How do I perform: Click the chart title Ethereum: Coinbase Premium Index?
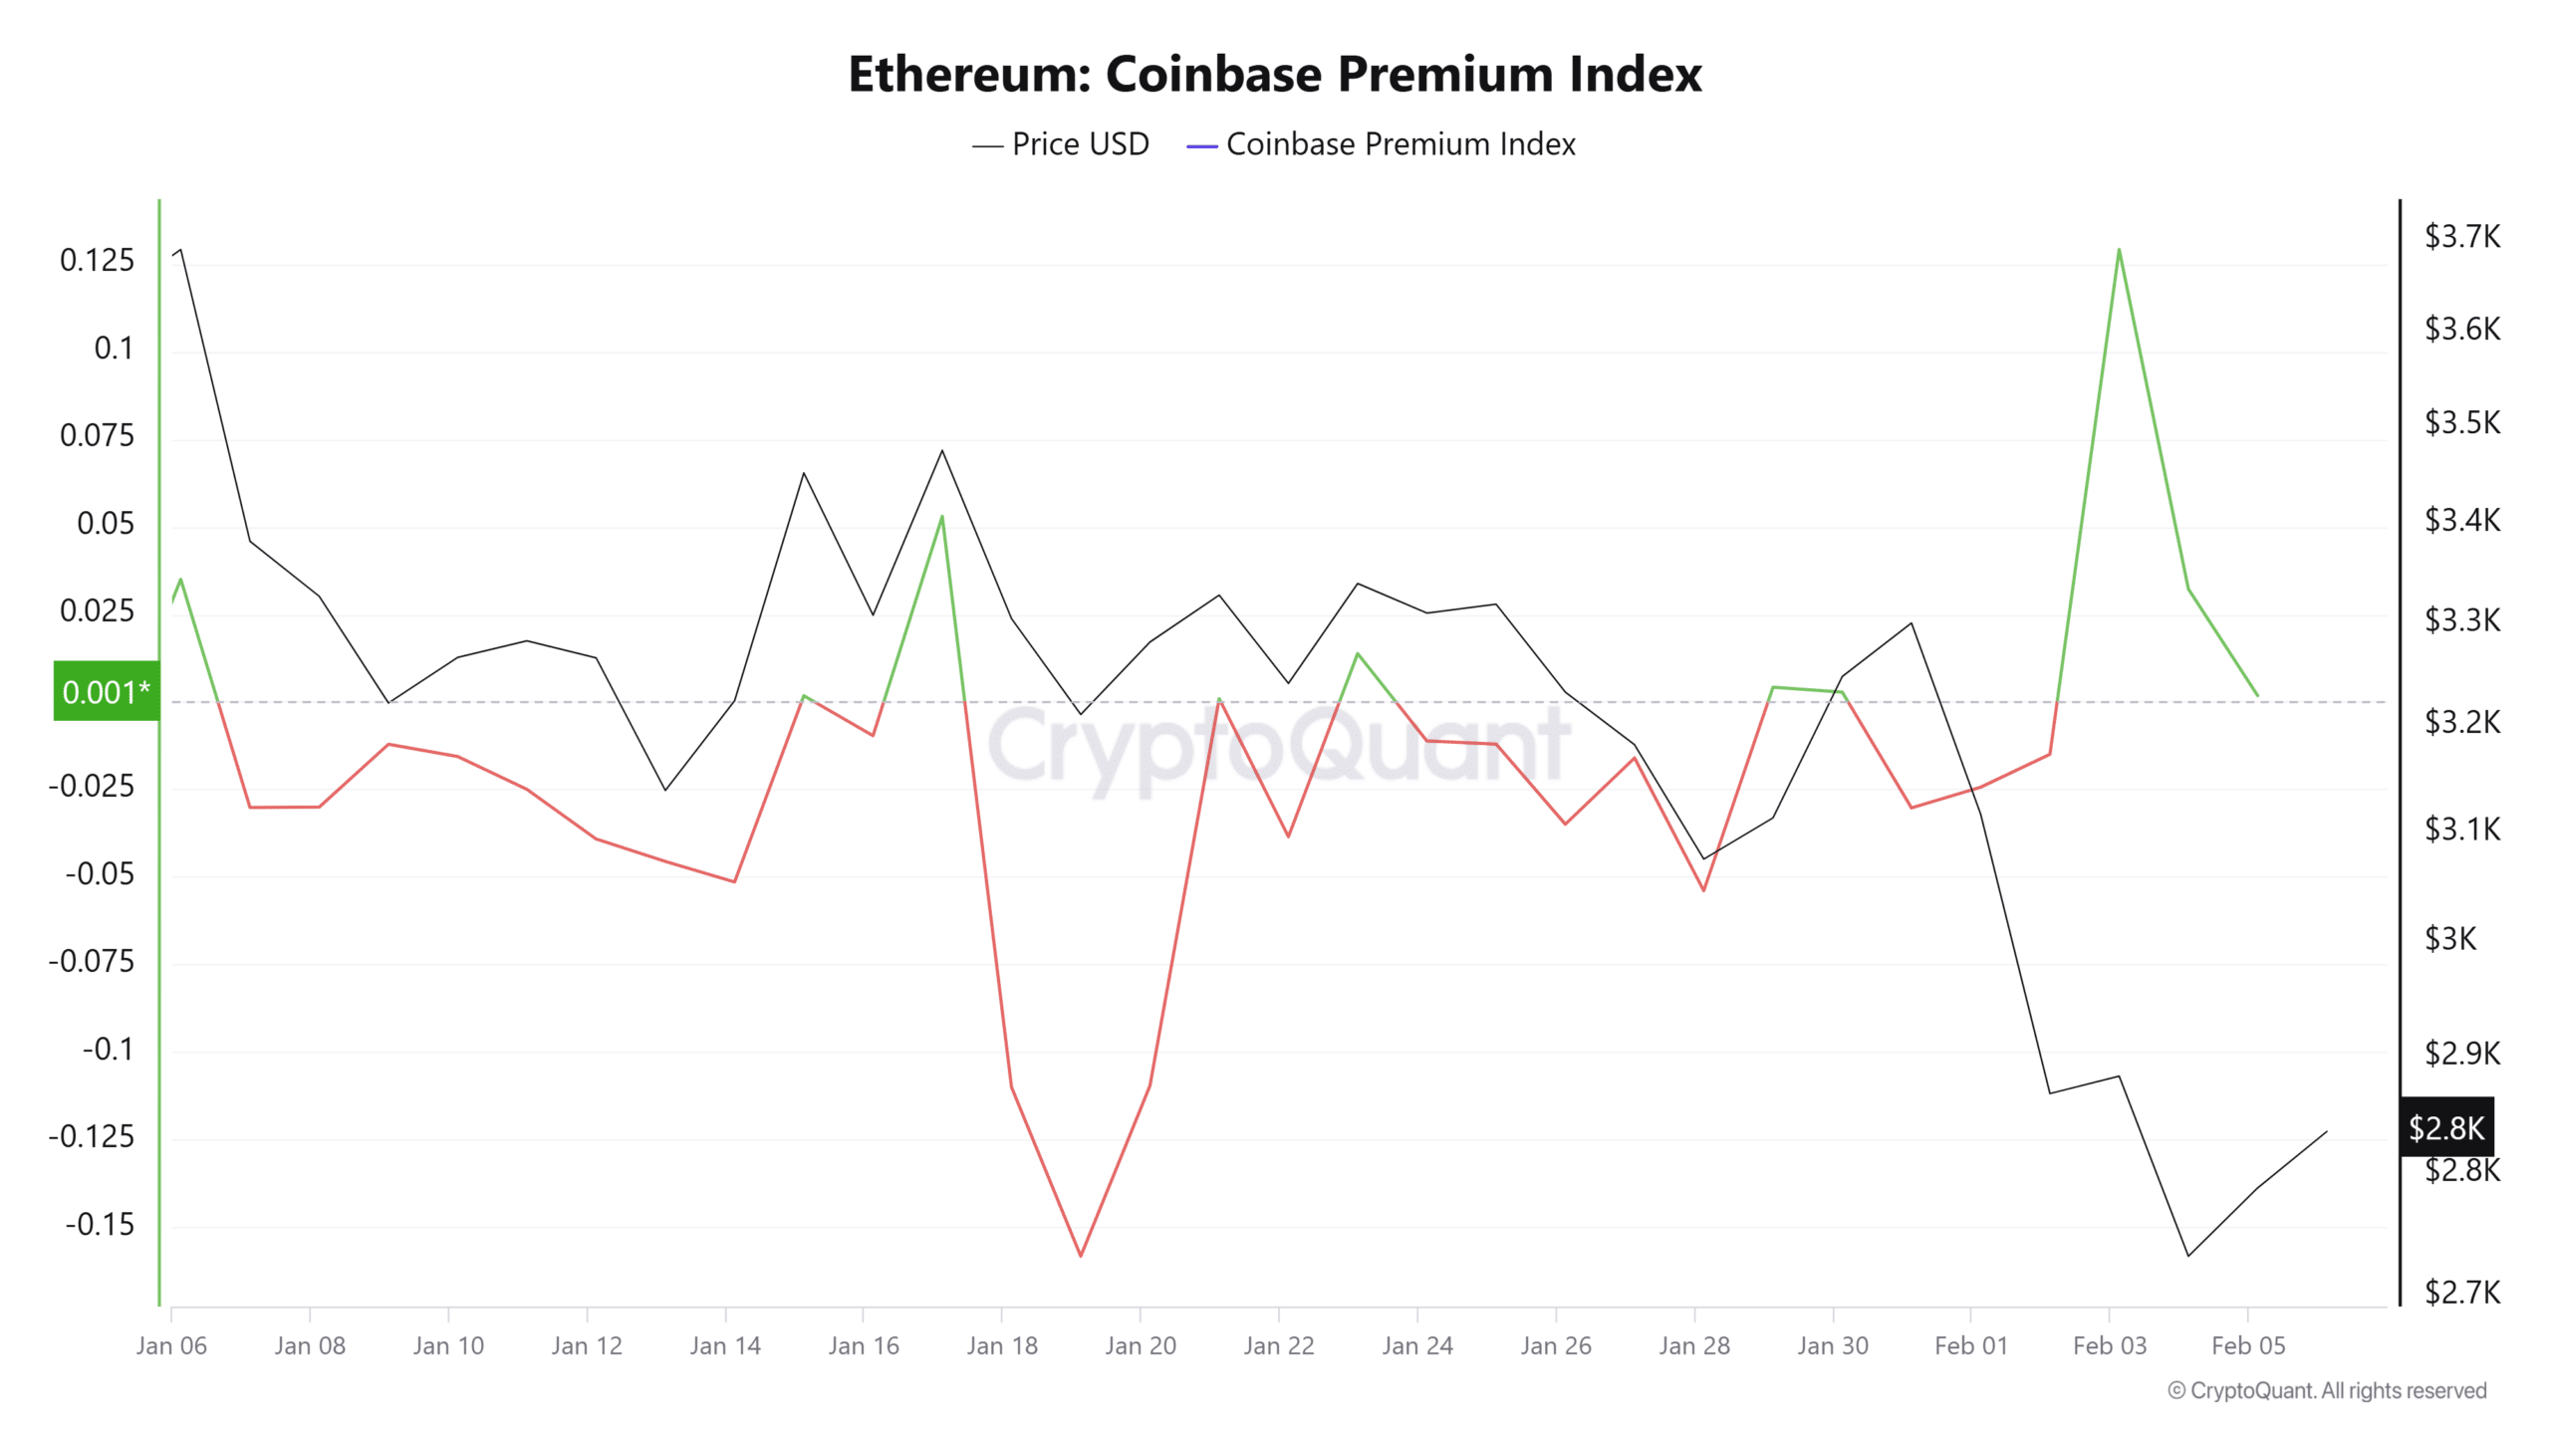(1274, 74)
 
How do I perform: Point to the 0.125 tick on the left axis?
(97, 261)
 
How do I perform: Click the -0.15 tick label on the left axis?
(100, 1224)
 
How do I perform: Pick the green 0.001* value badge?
(106, 691)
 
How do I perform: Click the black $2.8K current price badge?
(2445, 1127)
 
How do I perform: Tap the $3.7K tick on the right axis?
(2461, 237)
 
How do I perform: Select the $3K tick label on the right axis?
(2449, 938)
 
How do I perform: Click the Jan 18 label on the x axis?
(1001, 1345)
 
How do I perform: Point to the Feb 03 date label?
(2109, 1345)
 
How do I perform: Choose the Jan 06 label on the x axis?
(171, 1345)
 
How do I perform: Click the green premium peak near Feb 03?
(2118, 249)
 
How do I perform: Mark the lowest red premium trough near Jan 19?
(1080, 1256)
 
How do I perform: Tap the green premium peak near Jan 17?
(941, 516)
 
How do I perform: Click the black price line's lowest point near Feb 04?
(2187, 1256)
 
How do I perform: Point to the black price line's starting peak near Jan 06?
(180, 249)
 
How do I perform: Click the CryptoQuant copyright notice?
(2327, 1390)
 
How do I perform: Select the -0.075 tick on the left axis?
(92, 961)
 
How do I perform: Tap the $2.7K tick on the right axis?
(2461, 1293)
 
